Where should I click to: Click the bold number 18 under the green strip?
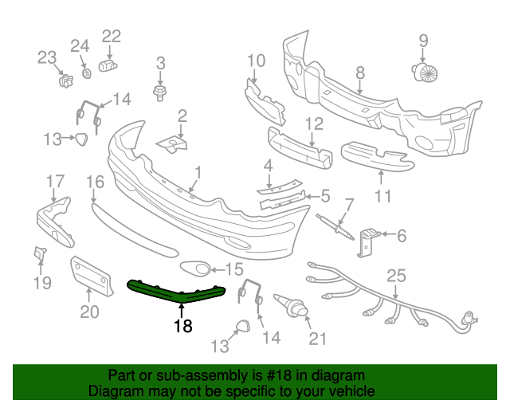coord(183,326)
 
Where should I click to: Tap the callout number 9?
coord(423,40)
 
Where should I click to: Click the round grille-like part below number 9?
coord(426,73)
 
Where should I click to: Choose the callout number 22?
coord(111,36)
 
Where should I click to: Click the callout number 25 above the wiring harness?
coord(396,277)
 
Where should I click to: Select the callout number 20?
coord(89,312)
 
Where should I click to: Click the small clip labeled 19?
coord(39,254)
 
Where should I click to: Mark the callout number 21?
coord(318,339)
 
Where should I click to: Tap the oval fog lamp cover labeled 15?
coord(194,269)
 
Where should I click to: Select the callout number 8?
coord(360,73)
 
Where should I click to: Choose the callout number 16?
coord(95,182)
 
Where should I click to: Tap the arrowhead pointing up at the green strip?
coord(183,304)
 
